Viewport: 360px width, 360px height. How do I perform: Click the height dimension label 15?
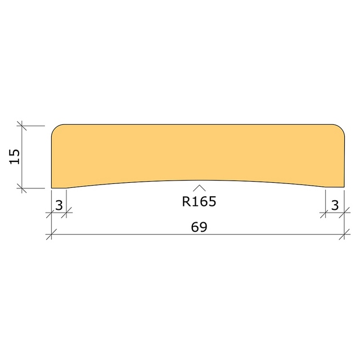coord(15,156)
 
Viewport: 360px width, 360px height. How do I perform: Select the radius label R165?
coord(199,201)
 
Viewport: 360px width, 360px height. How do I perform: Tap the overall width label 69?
coord(199,227)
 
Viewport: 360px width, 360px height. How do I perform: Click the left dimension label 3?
coord(59,205)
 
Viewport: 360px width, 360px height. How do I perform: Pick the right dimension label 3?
coord(335,205)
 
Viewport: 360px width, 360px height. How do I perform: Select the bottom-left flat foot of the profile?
coord(58,188)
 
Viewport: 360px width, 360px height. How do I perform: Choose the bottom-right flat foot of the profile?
coord(335,187)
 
